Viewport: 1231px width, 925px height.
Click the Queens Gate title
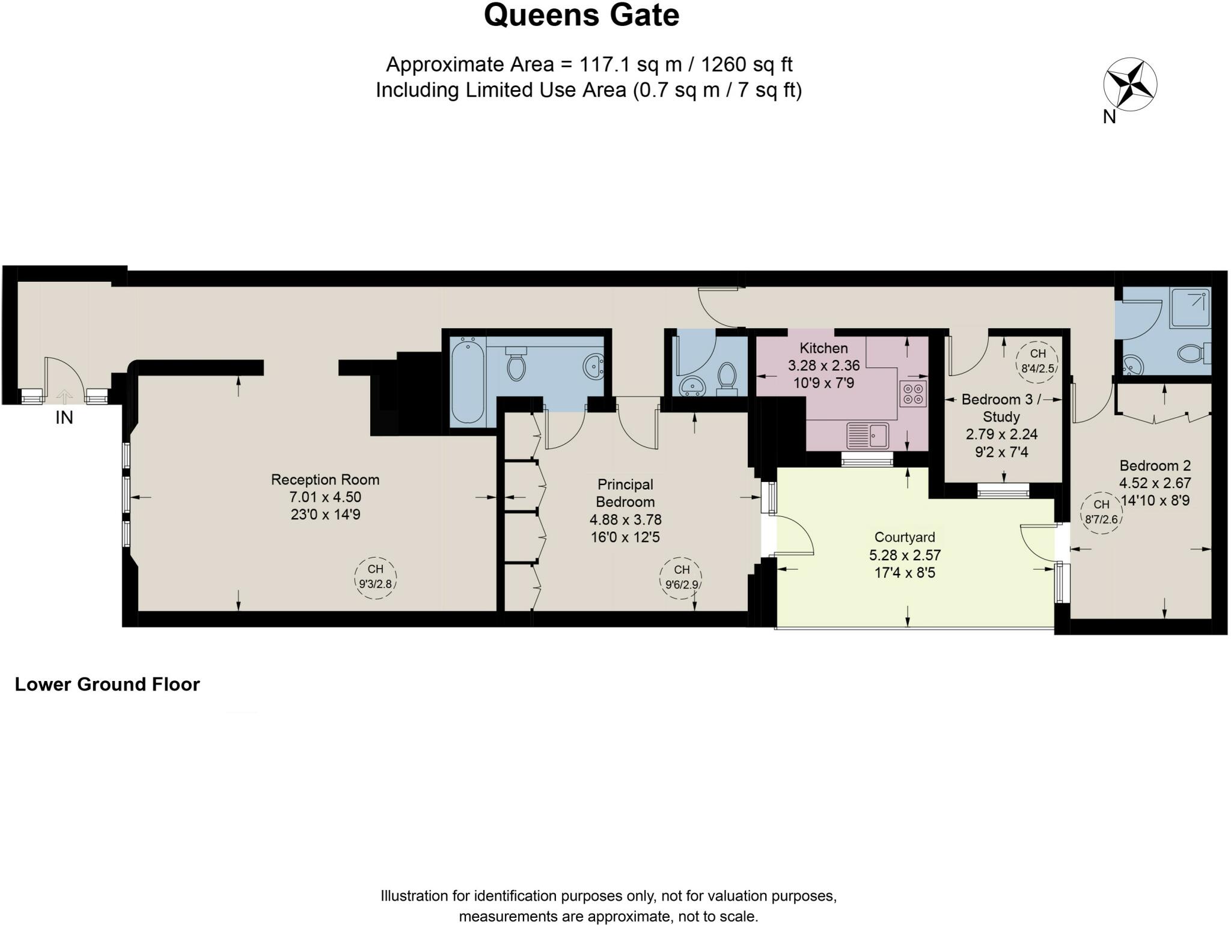point(581,16)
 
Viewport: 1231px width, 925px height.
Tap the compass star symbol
point(1130,85)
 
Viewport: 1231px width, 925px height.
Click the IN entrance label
point(64,417)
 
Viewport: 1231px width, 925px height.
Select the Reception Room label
point(325,480)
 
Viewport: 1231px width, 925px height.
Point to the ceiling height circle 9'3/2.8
point(376,577)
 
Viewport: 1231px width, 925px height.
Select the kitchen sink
point(867,435)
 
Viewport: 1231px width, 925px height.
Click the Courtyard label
point(905,537)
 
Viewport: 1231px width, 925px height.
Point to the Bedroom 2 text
point(1155,465)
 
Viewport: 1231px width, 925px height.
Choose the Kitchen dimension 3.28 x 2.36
point(823,365)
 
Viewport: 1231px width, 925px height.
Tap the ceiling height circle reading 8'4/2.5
point(1038,361)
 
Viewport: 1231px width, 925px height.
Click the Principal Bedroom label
point(625,493)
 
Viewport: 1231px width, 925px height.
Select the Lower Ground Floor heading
point(107,684)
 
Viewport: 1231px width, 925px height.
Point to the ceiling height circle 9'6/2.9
point(682,577)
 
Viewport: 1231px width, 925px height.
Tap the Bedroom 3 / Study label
point(1001,408)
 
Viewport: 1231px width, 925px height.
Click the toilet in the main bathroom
point(516,364)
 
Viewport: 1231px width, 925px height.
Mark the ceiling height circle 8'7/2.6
point(1101,512)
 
